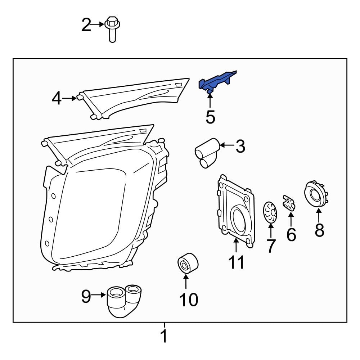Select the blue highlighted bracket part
click(216, 81)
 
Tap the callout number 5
click(210, 117)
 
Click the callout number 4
click(57, 98)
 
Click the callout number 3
click(240, 146)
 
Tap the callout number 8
click(319, 230)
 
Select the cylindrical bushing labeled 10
click(188, 264)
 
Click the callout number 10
click(188, 299)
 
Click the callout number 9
click(86, 296)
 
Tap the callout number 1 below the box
click(164, 336)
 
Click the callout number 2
click(86, 25)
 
